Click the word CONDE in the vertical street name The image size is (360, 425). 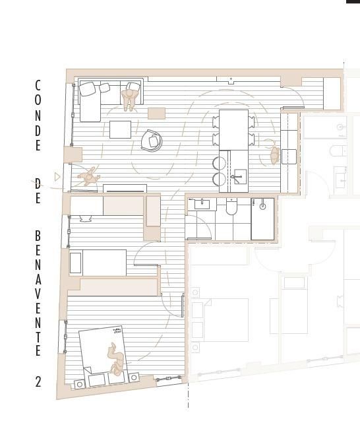[x=38, y=115]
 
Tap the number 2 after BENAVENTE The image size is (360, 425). [x=38, y=381]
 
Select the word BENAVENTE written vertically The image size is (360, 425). [x=38, y=293]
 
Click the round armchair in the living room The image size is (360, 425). [x=152, y=140]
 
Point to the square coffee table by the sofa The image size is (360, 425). [x=120, y=129]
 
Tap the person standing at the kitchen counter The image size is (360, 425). [x=274, y=154]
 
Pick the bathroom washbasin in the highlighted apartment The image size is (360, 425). [x=198, y=205]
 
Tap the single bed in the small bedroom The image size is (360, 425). [x=98, y=263]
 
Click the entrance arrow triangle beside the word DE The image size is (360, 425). [x=57, y=177]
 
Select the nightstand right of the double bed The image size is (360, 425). [x=134, y=377]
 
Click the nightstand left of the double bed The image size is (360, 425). [x=80, y=383]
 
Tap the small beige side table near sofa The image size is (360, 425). [x=156, y=114]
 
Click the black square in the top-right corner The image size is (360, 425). [x=353, y=2]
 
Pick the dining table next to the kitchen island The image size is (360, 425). [x=233, y=129]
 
